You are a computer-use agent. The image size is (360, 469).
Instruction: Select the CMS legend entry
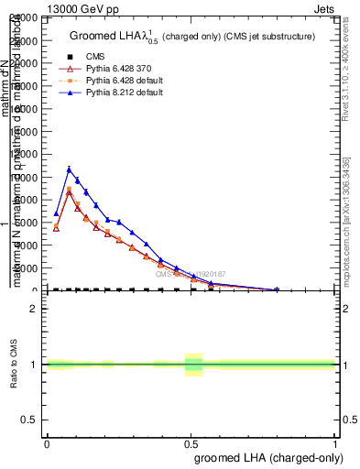coord(100,56)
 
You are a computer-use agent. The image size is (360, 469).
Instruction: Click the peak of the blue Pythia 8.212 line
coord(69,169)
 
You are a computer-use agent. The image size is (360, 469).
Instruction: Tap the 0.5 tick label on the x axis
coord(191,443)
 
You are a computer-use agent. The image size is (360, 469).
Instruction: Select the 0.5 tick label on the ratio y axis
coord(30,420)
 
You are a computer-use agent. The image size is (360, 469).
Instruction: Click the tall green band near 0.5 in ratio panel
coord(193,365)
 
